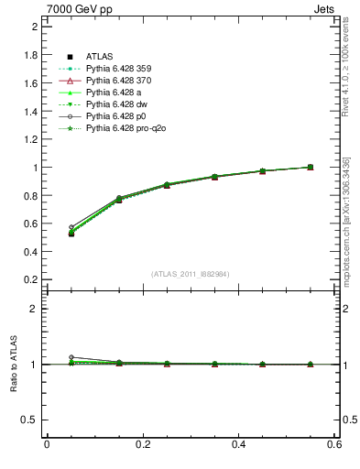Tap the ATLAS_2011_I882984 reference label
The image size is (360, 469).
190,274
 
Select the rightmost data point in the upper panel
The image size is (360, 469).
311,167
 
